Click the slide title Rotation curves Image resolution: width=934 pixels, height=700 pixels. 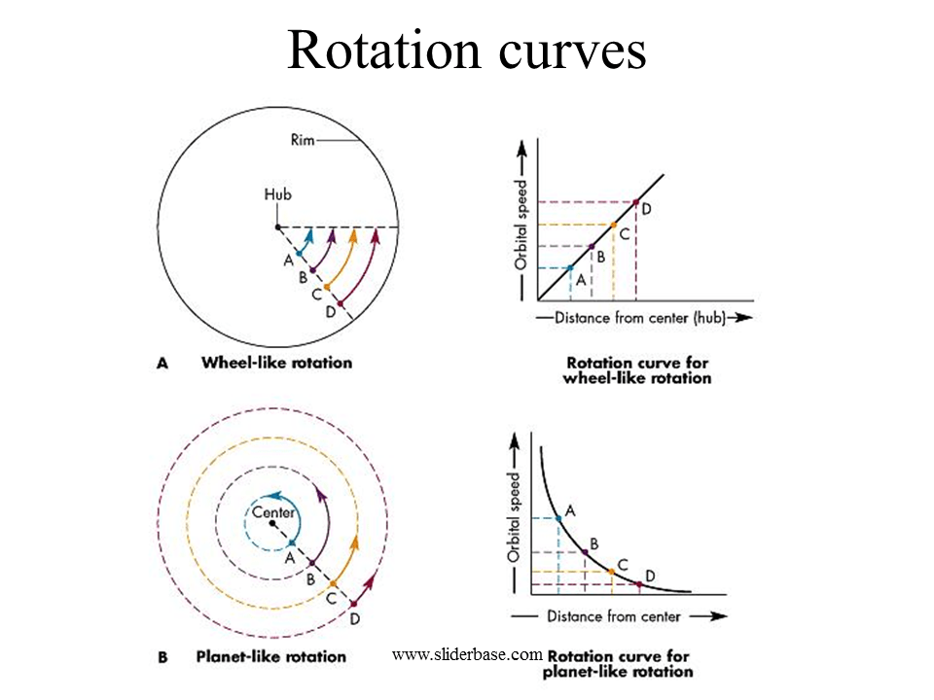coord(467,51)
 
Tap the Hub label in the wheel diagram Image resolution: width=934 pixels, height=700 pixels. coord(277,194)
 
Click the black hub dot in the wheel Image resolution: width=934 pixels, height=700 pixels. coord(278,227)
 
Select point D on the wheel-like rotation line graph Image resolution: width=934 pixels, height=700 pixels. coord(635,202)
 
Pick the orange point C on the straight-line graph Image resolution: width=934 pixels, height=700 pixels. coord(613,225)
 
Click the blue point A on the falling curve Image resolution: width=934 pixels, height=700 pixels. coord(558,518)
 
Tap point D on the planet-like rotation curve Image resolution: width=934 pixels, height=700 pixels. coord(638,583)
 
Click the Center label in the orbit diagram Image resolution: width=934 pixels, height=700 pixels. coord(273,512)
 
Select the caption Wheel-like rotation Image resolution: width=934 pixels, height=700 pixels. coord(276,363)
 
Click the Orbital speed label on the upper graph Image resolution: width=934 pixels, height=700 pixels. coord(521,225)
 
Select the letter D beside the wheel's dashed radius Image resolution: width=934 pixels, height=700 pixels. coord(330,311)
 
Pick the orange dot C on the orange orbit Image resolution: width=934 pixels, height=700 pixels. coord(333,583)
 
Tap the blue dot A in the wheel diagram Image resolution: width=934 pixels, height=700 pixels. coord(300,253)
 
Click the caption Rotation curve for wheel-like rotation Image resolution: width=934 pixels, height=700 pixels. coord(636,369)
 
